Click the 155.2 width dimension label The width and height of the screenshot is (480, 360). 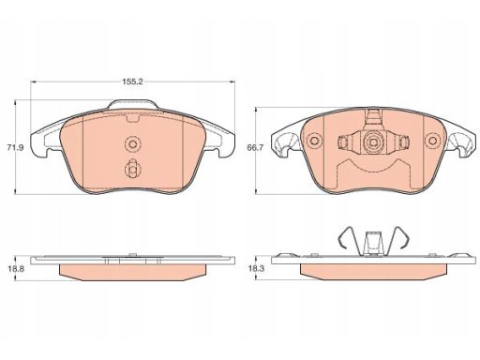(x=132, y=82)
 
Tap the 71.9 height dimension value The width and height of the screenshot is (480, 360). (x=15, y=147)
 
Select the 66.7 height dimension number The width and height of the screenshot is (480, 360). (x=255, y=147)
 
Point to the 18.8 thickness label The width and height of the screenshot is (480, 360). (x=16, y=268)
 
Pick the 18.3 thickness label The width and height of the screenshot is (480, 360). (x=256, y=268)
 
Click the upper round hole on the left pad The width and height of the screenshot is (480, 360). (x=132, y=144)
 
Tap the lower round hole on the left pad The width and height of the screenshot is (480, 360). (x=132, y=170)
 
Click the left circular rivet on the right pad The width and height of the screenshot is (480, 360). (x=314, y=141)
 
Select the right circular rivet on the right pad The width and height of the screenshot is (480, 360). (x=432, y=141)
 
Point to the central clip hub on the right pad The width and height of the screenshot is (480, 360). (x=373, y=142)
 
